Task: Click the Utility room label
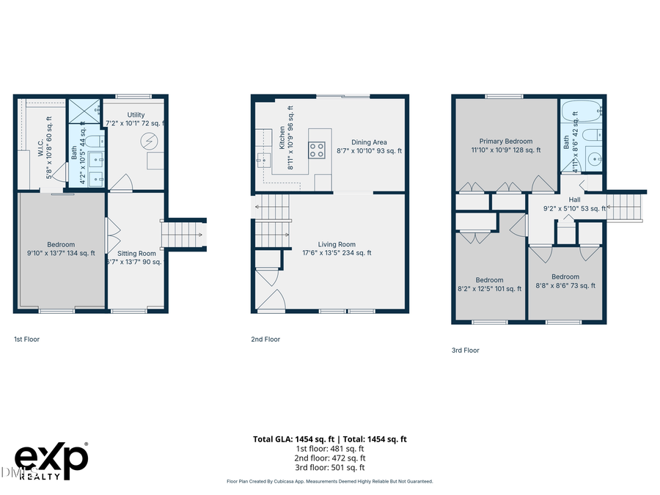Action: (136, 115)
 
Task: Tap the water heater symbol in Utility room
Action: (150, 139)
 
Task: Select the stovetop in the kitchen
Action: (317, 150)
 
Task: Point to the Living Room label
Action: (337, 245)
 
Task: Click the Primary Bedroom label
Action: (506, 142)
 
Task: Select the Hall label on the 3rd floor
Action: (574, 199)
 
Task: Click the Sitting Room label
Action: (137, 254)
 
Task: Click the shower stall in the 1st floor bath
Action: (85, 111)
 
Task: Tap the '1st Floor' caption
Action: (28, 340)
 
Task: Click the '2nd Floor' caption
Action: (265, 340)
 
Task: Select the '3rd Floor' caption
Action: (465, 351)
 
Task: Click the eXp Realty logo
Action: (51, 461)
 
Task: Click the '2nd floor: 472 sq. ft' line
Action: (329, 458)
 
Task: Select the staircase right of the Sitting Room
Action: (183, 235)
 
